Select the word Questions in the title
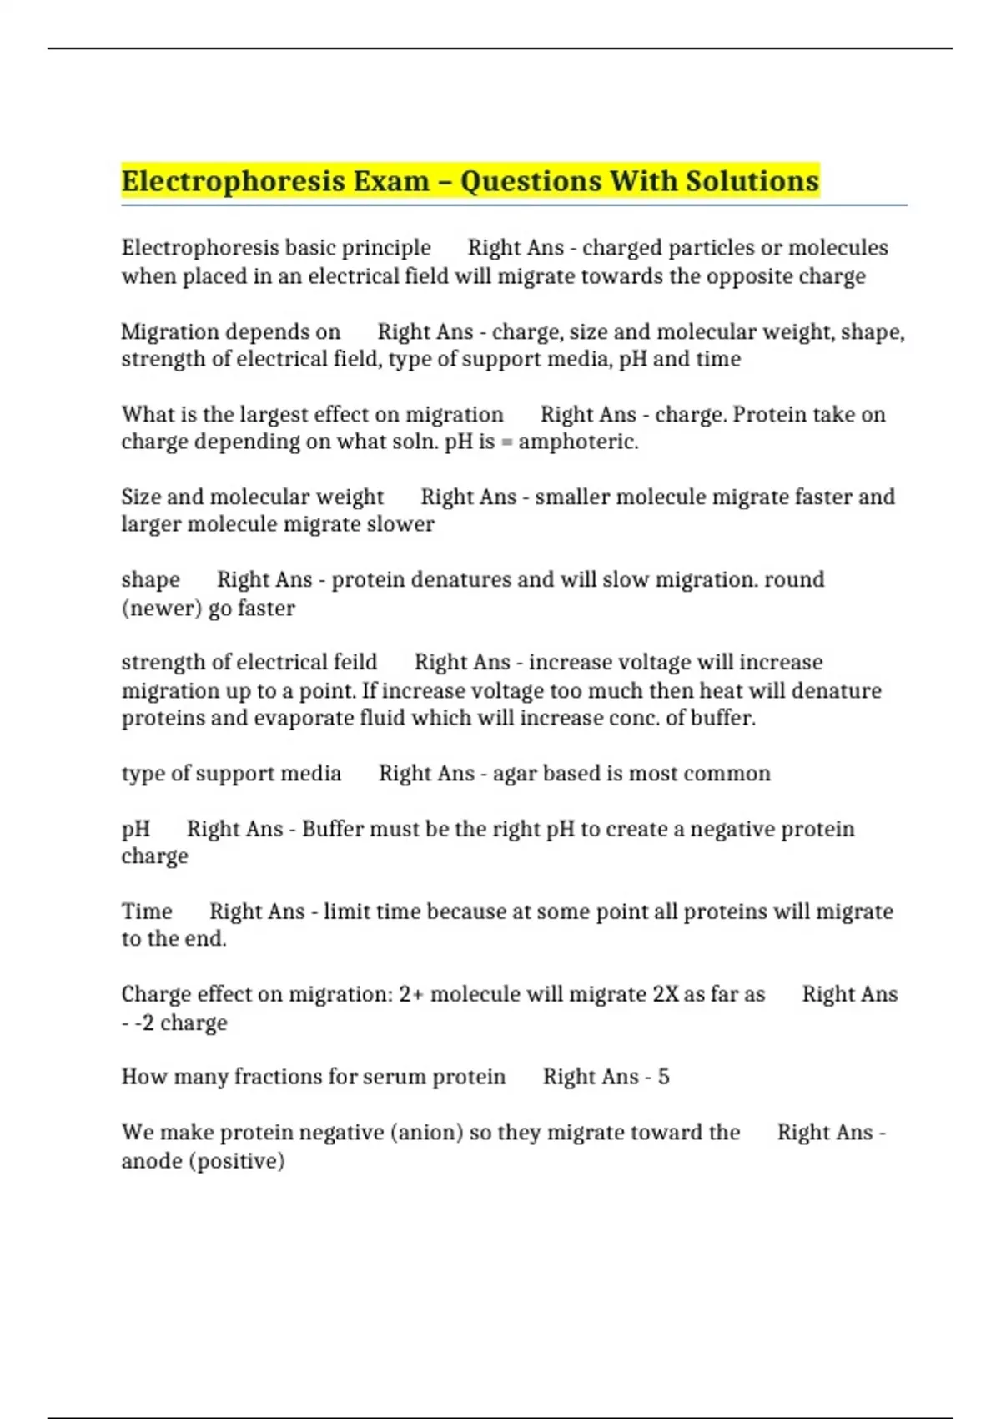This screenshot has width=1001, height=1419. click(x=531, y=181)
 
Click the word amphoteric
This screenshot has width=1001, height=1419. click(x=577, y=442)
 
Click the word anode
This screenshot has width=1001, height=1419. click(x=152, y=1161)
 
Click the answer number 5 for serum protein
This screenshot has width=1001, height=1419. click(x=663, y=1077)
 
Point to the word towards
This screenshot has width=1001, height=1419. click(x=621, y=276)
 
